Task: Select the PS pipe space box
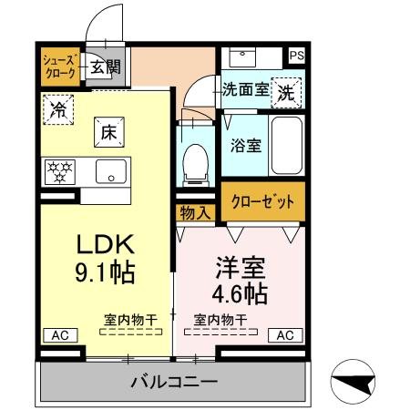tap(296, 56)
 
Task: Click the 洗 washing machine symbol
tap(286, 91)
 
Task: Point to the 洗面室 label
tap(245, 90)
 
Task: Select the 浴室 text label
tap(245, 143)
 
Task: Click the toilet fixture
tap(196, 164)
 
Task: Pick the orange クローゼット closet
tap(261, 201)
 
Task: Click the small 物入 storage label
tap(195, 212)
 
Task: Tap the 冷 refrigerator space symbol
tap(58, 109)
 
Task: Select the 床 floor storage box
tap(108, 132)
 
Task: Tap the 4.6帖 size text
tap(240, 293)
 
